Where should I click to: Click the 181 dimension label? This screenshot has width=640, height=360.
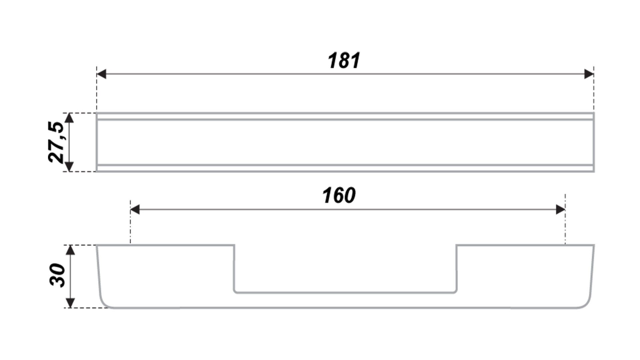[344, 61]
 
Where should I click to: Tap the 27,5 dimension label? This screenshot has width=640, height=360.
[56, 142]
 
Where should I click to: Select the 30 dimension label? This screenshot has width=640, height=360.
[57, 275]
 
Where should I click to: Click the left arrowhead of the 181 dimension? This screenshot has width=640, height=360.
[101, 74]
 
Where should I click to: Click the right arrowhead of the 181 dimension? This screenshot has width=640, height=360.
[589, 74]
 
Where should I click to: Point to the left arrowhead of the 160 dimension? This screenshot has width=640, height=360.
[135, 210]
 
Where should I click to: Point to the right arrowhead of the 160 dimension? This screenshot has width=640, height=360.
[561, 210]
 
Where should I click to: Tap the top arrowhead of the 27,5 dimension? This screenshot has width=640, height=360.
[69, 118]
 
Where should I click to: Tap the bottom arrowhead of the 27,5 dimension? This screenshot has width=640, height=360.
[69, 167]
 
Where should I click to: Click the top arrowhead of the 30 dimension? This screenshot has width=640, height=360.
[70, 250]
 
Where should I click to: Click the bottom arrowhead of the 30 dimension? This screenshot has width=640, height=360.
[70, 303]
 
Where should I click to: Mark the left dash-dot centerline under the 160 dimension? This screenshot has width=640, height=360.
[130, 222]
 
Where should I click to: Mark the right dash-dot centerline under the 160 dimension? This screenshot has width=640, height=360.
[565, 219]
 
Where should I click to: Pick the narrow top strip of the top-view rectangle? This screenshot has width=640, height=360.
[345, 116]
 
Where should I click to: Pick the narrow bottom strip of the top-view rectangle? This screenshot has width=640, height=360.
[345, 168]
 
